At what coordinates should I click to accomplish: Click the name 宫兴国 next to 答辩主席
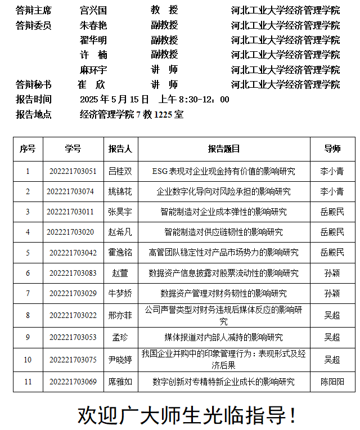pos(93,10)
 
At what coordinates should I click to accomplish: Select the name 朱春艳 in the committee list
pos(93,25)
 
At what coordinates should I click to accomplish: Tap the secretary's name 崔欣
pos(91,84)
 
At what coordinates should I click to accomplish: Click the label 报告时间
pos(34,100)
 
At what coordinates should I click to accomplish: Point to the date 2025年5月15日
pos(114,100)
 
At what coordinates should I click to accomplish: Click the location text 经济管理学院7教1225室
pos(132,114)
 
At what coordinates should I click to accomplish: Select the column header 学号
pos(73,149)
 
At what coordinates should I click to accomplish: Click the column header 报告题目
pos(224,149)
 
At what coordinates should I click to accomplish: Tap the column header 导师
pos(332,149)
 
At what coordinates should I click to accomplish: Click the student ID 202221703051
pos(73,171)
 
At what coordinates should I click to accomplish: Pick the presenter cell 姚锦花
pos(120,191)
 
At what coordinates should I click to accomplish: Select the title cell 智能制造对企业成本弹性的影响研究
pos(224,212)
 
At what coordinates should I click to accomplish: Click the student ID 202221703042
pos(73,252)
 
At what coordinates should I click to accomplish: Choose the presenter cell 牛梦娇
pos(120,293)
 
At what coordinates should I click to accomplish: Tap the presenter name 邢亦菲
pos(120,315)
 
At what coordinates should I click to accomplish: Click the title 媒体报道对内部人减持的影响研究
pos(224,338)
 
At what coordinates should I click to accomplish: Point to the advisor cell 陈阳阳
pos(332,382)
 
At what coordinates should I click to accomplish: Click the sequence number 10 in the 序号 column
pos(28,360)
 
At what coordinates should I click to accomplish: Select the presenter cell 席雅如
pos(120,382)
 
